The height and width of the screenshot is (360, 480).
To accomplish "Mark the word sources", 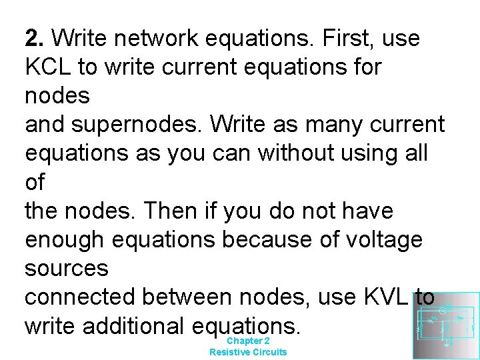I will (67, 269).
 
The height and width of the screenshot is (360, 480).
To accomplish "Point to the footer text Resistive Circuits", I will (248, 352).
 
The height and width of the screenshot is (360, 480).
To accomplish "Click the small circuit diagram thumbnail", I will (445, 325).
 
